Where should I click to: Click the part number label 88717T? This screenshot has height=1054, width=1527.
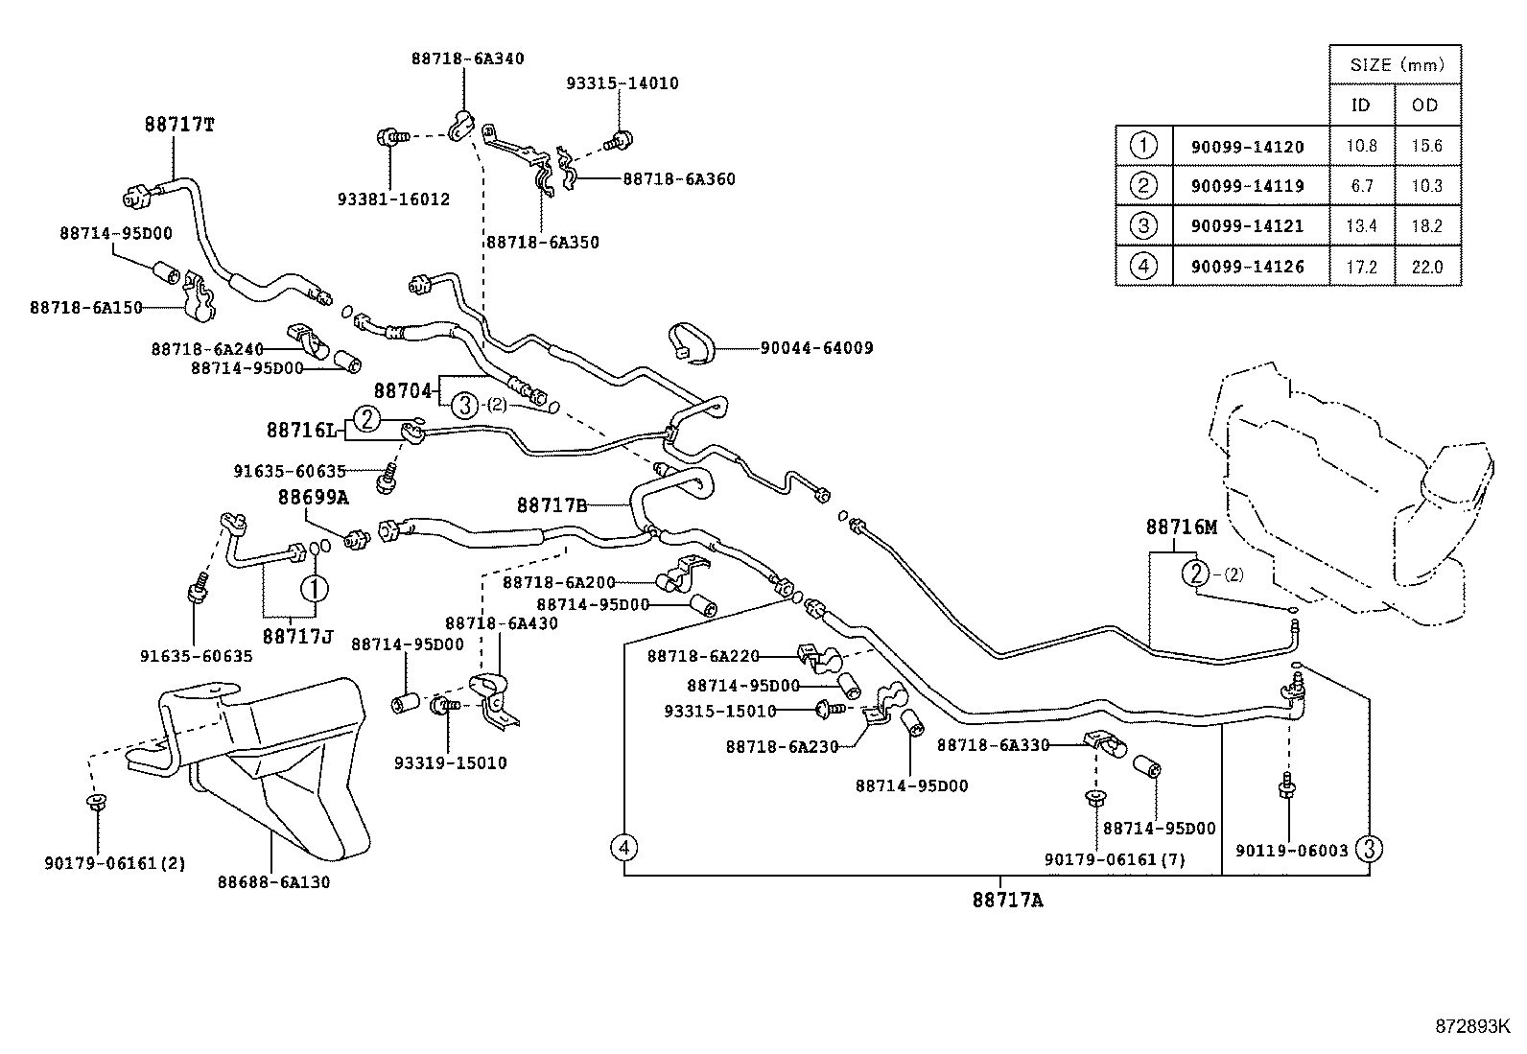click(x=179, y=125)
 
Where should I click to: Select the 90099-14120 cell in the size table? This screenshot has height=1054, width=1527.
click(x=1248, y=147)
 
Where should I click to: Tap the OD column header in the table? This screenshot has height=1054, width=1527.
click(x=1424, y=105)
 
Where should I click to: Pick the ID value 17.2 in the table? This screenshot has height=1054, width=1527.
click(x=1361, y=267)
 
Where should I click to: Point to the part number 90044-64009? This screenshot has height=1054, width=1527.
click(x=816, y=348)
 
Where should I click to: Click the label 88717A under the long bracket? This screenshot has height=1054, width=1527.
click(x=1007, y=901)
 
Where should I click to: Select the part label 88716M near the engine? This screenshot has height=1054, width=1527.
click(x=1182, y=527)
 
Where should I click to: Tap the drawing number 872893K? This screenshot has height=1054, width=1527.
click(x=1472, y=1027)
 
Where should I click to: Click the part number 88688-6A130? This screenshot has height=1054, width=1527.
click(x=274, y=882)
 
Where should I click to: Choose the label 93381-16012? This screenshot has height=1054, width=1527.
click(x=394, y=199)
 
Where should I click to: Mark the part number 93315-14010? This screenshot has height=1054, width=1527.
click(x=623, y=83)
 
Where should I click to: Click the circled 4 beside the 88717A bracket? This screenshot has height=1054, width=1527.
click(x=623, y=848)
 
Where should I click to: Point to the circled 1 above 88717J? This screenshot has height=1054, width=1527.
click(x=315, y=588)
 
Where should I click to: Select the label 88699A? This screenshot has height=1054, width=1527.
click(x=313, y=498)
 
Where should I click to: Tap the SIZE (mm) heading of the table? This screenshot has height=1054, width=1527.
click(x=1398, y=65)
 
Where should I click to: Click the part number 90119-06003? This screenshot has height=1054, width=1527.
click(x=1292, y=851)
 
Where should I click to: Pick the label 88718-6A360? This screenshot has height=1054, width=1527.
click(x=679, y=179)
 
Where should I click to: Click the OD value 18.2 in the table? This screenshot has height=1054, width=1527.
click(x=1427, y=226)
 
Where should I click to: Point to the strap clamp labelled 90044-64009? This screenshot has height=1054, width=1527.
click(x=692, y=342)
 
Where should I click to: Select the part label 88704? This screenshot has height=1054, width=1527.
click(x=402, y=391)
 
